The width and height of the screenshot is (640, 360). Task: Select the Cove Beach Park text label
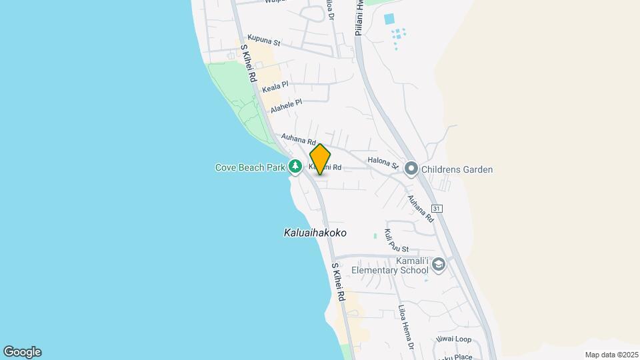coord(250,168)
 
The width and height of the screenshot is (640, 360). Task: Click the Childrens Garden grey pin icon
coord(411,169)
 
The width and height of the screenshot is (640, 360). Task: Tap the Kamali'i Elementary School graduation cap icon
coord(439,265)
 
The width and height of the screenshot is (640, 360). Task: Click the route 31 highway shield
coord(437,209)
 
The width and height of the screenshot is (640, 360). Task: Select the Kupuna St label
coord(263,41)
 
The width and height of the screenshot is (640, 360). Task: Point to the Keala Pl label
coord(275,87)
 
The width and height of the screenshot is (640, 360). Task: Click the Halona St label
coord(383,163)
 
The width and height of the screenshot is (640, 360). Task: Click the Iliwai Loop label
coord(454,339)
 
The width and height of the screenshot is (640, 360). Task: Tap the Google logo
coord(22,352)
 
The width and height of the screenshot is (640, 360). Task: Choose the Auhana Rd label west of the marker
coord(298,140)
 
